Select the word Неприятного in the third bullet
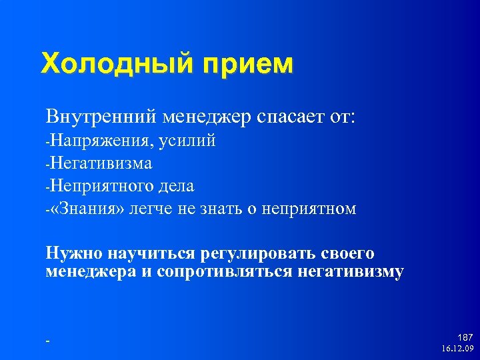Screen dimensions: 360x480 (99, 186)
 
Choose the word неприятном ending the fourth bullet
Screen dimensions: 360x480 (311, 209)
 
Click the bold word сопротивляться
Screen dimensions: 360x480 (234, 272)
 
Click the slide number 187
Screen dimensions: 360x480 (465, 338)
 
